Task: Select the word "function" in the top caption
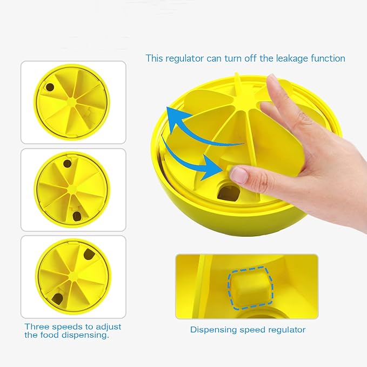(326, 58)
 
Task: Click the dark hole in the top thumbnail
(49, 86)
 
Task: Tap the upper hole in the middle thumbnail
(68, 163)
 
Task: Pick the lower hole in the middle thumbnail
(76, 216)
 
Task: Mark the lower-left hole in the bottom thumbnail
(57, 295)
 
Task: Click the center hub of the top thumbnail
(72, 101)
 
